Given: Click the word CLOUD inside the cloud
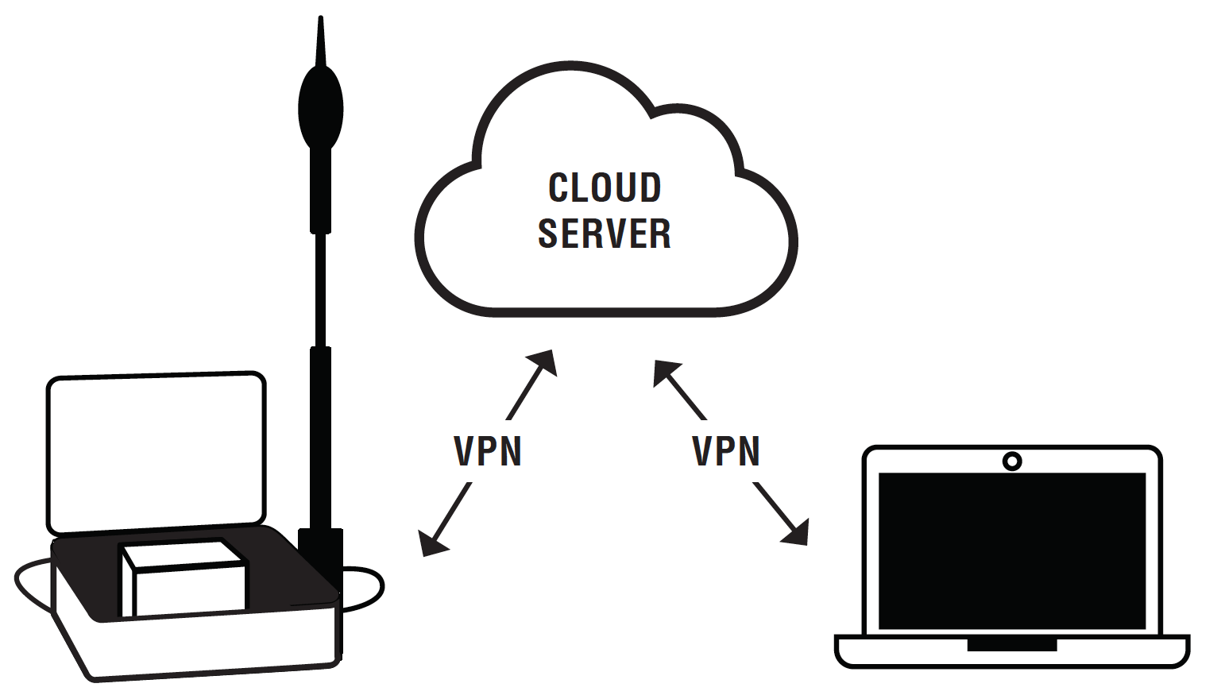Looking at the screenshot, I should pyautogui.click(x=605, y=187).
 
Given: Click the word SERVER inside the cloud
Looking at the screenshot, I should pyautogui.click(x=605, y=233).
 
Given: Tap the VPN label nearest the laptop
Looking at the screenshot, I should pyautogui.click(x=726, y=451).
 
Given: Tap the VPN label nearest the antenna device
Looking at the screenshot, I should pyautogui.click(x=488, y=451).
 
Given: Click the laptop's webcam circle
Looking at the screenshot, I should pyautogui.click(x=1012, y=461).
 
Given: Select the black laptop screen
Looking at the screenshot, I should pyautogui.click(x=1012, y=550).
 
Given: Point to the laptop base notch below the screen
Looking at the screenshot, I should pyautogui.click(x=1012, y=644).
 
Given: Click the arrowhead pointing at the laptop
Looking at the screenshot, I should pyautogui.click(x=796, y=534).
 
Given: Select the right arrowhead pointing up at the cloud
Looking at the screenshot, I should pyautogui.click(x=665, y=372).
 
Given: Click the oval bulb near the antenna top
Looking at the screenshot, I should pyautogui.click(x=320, y=108).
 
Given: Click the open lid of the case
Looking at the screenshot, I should pyautogui.click(x=156, y=453).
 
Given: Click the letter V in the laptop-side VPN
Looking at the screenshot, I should pyautogui.click(x=702, y=451).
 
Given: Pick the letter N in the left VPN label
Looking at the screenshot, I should pyautogui.click(x=511, y=451).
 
